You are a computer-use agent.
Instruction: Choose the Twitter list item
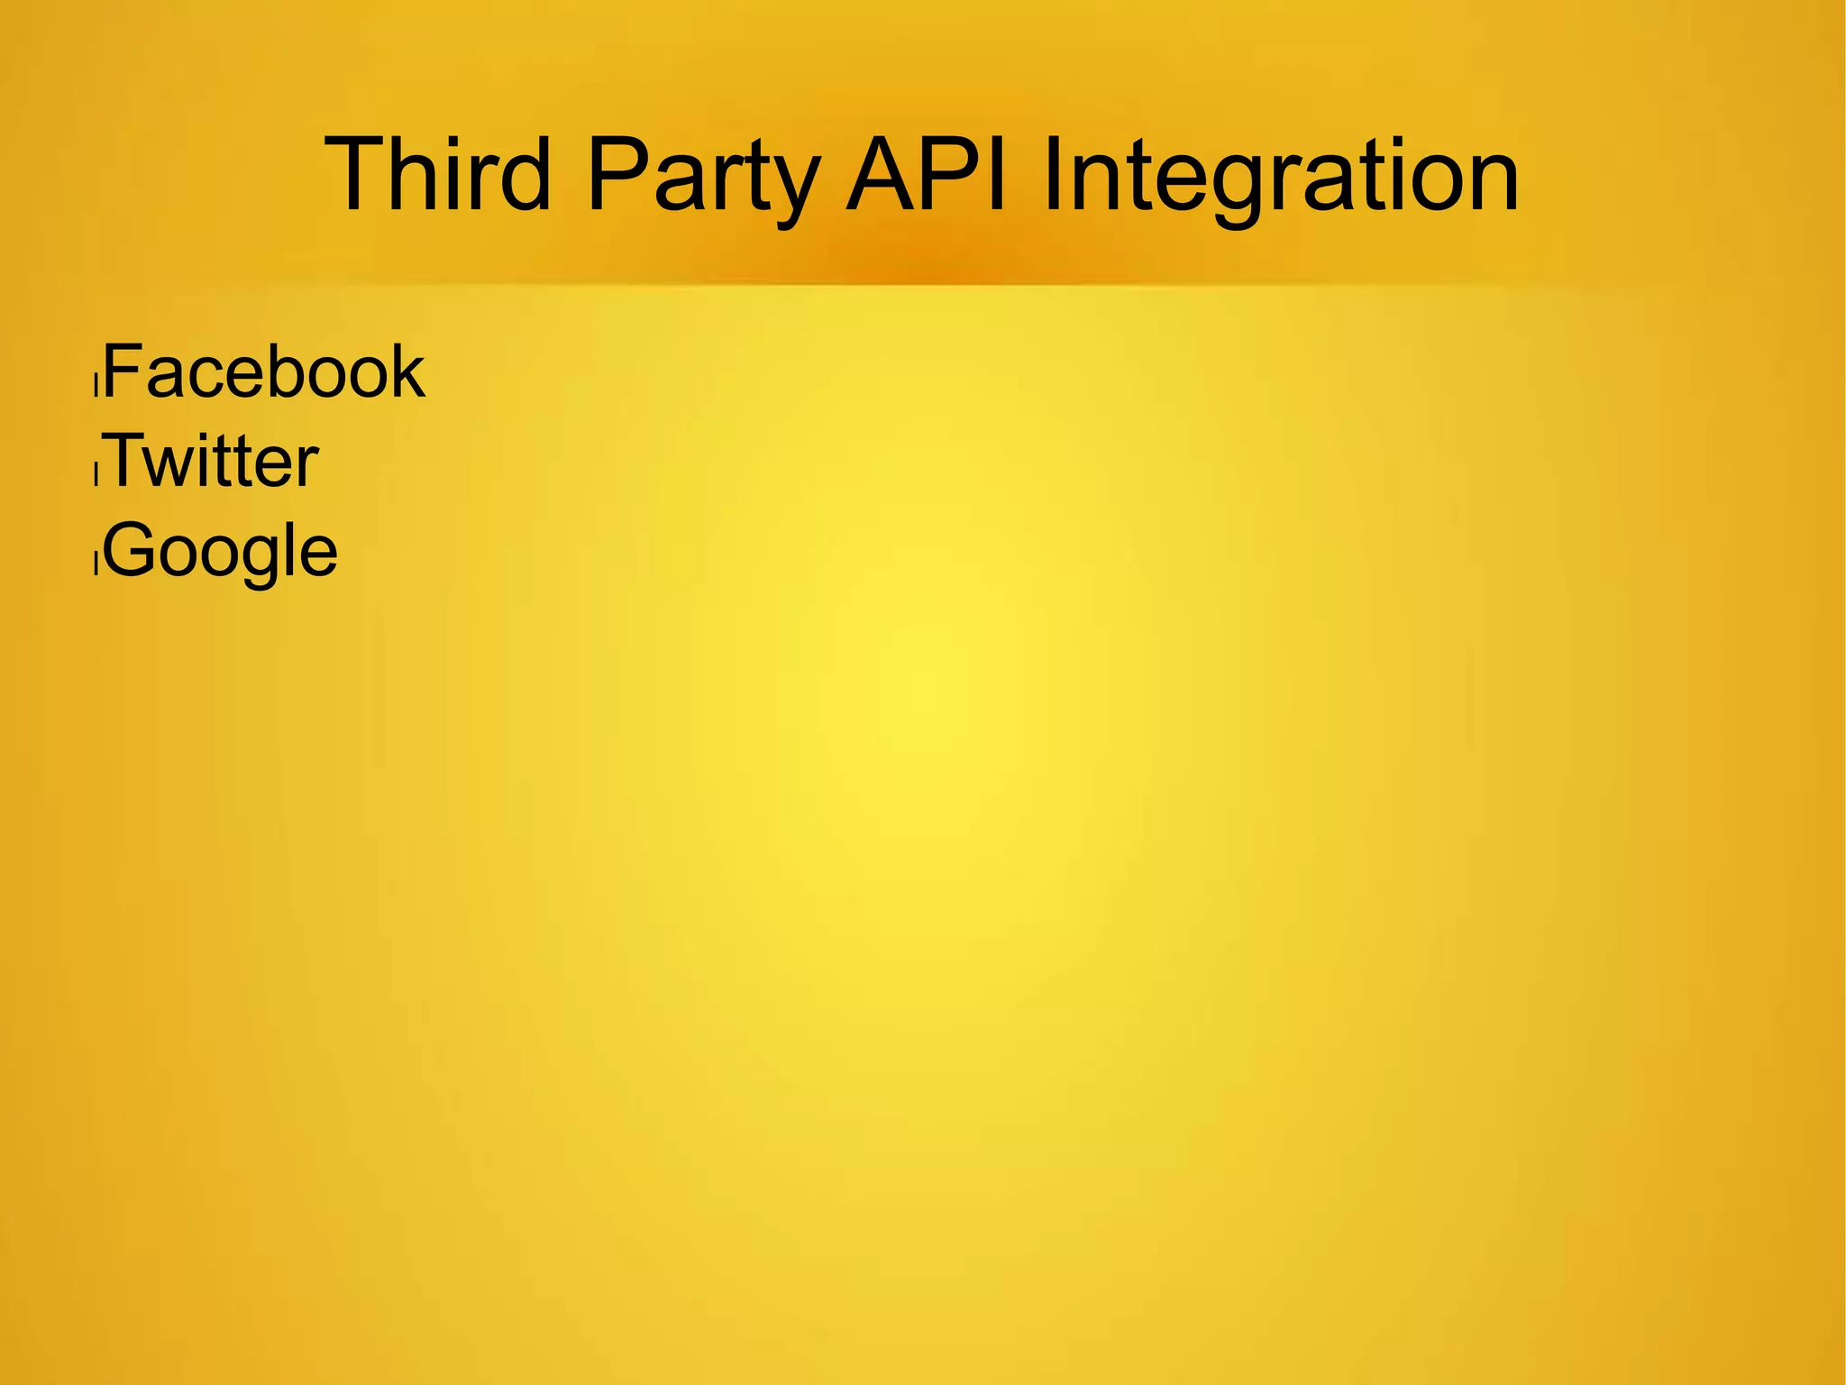(213, 461)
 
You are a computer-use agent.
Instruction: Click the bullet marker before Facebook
(96, 386)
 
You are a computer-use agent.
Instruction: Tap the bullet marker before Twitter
(96, 475)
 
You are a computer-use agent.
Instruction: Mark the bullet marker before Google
(96, 564)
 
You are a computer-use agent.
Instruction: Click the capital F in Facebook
(123, 371)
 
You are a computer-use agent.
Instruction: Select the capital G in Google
(128, 549)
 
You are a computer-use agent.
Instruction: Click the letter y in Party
(794, 185)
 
